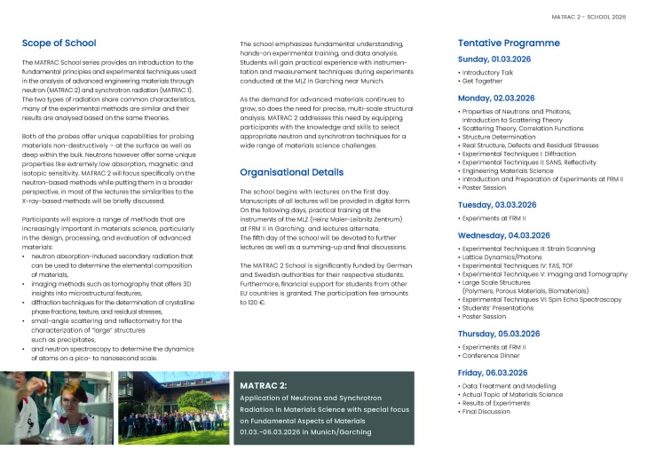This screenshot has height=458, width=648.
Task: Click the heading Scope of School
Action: (x=59, y=43)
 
